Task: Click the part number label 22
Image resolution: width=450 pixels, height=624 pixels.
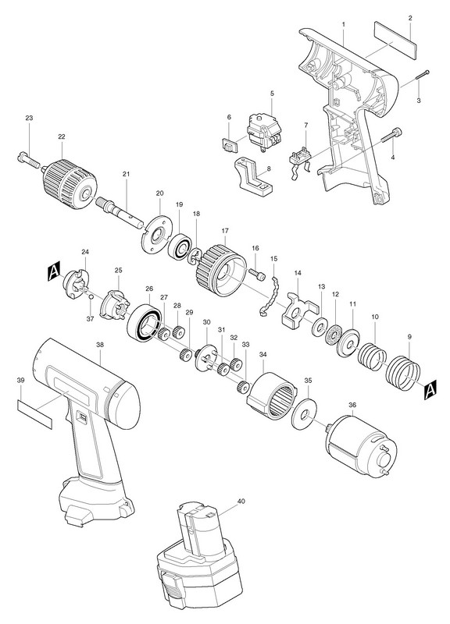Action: (61, 136)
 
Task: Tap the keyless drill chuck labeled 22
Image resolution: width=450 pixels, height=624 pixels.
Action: (70, 184)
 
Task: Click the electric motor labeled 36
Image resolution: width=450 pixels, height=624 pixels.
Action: (362, 445)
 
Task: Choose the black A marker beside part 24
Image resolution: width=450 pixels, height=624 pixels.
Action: (53, 271)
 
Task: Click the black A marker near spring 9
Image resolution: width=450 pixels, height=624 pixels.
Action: (430, 389)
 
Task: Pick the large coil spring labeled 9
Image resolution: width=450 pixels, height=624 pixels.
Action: (403, 374)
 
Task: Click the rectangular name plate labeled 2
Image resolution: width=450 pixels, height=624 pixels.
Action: (395, 41)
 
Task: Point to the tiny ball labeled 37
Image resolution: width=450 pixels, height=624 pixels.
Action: (91, 296)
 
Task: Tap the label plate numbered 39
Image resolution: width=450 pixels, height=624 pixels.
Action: (34, 414)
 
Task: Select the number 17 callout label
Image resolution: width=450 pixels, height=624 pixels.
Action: (225, 230)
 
